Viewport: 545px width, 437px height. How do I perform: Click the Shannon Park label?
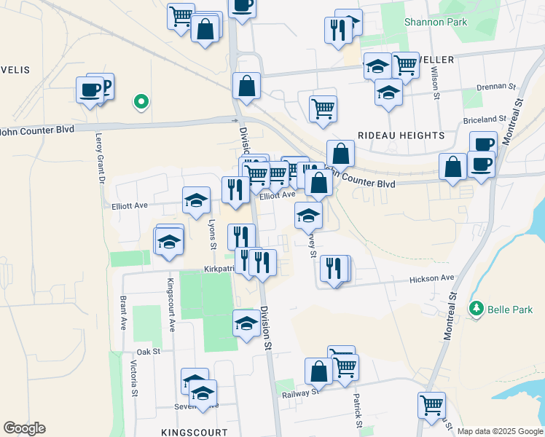pyautogui.click(x=436, y=22)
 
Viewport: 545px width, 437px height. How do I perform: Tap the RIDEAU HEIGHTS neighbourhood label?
pyautogui.click(x=401, y=135)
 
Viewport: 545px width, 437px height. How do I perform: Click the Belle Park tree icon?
pyautogui.click(x=477, y=309)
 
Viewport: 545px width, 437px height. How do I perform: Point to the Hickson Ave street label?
pyautogui.click(x=431, y=278)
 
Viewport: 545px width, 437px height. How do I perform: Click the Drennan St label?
pyautogui.click(x=501, y=86)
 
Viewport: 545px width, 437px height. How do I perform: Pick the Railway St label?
pyautogui.click(x=300, y=393)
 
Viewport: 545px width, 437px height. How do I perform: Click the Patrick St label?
pyautogui.click(x=358, y=410)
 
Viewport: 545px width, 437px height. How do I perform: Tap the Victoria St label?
pyautogui.click(x=134, y=377)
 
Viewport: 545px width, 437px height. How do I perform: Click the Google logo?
pyautogui.click(x=24, y=428)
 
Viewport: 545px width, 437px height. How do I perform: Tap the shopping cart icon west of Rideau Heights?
pyautogui.click(x=322, y=109)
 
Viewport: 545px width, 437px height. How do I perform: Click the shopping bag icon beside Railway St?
pyautogui.click(x=318, y=371)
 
